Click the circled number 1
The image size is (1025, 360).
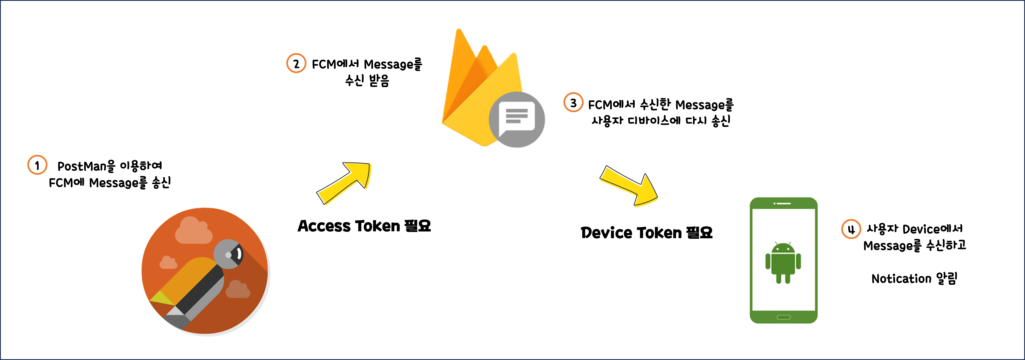(x=37, y=165)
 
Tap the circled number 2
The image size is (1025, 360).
(x=296, y=64)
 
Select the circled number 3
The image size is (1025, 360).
(x=573, y=103)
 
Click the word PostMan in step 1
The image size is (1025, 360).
(x=81, y=166)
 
